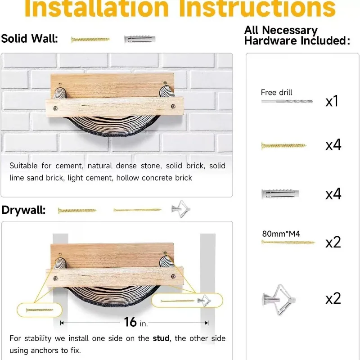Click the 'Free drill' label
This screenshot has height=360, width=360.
[x=276, y=93]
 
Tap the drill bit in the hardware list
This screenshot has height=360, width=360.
[x=286, y=102]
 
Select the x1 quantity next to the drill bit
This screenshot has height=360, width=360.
[x=332, y=101]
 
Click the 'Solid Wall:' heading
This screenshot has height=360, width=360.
[x=30, y=39]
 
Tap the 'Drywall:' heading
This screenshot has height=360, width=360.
[x=23, y=210]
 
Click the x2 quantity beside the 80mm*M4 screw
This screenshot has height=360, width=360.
[x=333, y=242]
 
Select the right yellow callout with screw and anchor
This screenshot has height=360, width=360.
[x=186, y=300]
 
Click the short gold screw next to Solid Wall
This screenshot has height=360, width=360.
[x=90, y=40]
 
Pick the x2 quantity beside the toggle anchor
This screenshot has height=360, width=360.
[x=333, y=298]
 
